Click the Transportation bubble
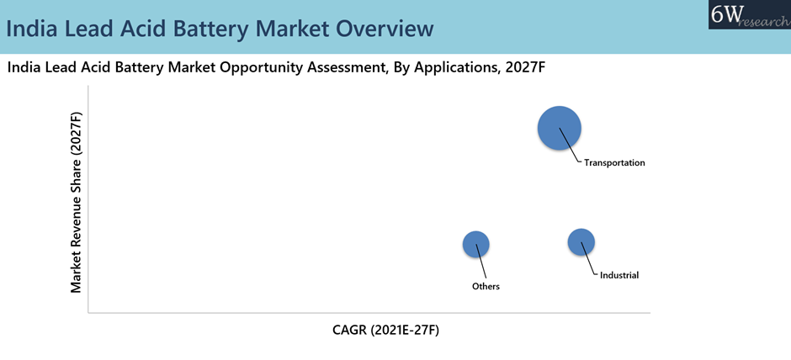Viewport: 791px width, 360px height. [560, 128]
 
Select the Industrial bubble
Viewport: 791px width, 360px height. [581, 242]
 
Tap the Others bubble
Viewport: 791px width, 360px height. [476, 244]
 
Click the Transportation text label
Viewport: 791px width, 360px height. [614, 163]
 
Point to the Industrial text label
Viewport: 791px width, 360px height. [619, 275]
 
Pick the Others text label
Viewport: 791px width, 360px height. [486, 287]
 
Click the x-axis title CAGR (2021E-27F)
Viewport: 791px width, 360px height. [385, 331]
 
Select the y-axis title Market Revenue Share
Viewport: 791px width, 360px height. [77, 202]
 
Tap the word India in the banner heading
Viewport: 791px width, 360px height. [32, 28]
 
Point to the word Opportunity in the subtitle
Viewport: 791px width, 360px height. [269, 67]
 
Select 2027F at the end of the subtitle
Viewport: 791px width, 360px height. [526, 67]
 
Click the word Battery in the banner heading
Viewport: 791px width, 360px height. [226, 28]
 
